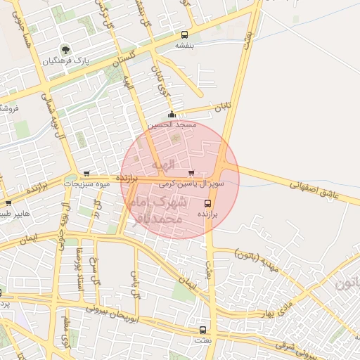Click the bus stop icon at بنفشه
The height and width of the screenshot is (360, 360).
tap(184, 34)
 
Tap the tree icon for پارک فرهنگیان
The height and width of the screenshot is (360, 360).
tap(65, 50)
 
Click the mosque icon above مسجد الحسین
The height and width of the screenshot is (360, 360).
tap(172, 115)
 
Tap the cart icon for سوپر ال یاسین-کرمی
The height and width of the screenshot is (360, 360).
tap(191, 173)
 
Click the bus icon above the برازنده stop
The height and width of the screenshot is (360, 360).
tap(206, 202)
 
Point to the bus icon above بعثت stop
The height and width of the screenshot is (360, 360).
tap(202, 330)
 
